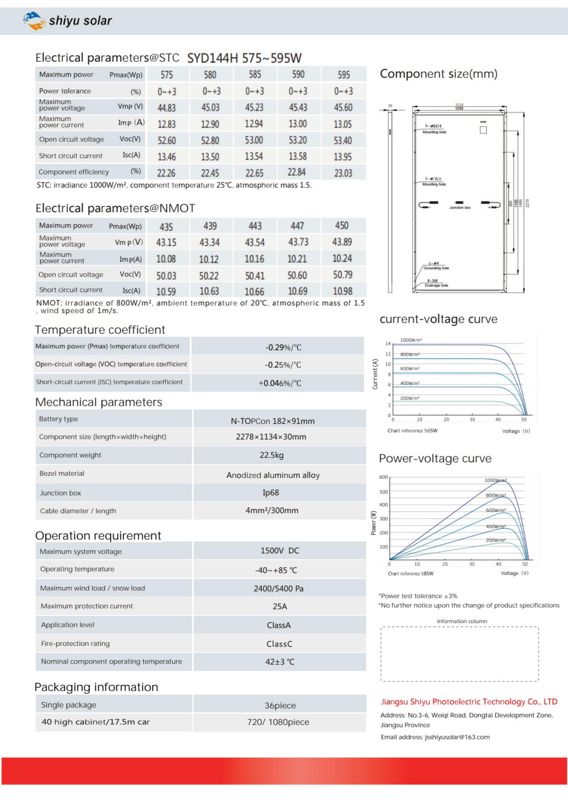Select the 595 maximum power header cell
[x=343, y=75]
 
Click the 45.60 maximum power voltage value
[x=343, y=107]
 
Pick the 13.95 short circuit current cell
[x=343, y=156]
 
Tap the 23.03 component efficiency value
[x=343, y=173]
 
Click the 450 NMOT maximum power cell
[x=342, y=225]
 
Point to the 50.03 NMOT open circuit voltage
[x=166, y=276]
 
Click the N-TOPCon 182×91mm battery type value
[x=272, y=421]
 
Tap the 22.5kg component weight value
[x=271, y=455]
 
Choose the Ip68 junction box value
[x=271, y=492]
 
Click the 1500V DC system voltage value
[x=280, y=550]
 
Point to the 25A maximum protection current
[x=280, y=606]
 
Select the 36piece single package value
[x=280, y=705]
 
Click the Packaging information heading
[x=96, y=687]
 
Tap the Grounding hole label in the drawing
[x=436, y=268]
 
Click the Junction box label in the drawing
[x=460, y=208]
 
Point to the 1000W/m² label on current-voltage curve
[x=411, y=340]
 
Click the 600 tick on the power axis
[x=383, y=477]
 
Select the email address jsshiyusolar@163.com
[x=457, y=737]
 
